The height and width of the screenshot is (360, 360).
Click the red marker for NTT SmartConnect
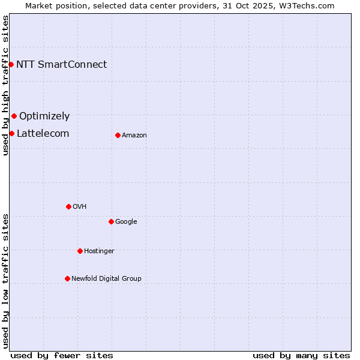coord(11,64)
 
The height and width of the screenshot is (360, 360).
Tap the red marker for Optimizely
coord(14,116)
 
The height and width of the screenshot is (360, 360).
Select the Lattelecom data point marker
coord(11,133)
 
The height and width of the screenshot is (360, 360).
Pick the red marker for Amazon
coord(118,135)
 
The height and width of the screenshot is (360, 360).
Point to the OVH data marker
coord(68,206)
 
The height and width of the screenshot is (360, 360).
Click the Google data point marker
coord(111,221)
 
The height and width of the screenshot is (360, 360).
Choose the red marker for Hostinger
coord(80,251)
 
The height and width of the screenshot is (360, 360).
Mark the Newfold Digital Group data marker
coord(67,278)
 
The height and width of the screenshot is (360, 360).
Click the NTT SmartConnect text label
coord(61,65)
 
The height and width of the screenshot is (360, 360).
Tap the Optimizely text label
coord(44,116)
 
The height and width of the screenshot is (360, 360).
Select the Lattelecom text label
coord(43,134)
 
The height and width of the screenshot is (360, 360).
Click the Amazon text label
coord(134,136)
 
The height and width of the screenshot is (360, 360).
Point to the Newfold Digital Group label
coord(106,279)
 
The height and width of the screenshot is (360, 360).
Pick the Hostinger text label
coord(99,251)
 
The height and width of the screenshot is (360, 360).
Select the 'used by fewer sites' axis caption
coord(62,355)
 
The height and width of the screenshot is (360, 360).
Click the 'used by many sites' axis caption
coord(301,355)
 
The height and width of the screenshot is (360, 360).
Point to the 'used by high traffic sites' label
coord(6,85)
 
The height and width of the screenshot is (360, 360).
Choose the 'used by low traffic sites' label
coord(6,280)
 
